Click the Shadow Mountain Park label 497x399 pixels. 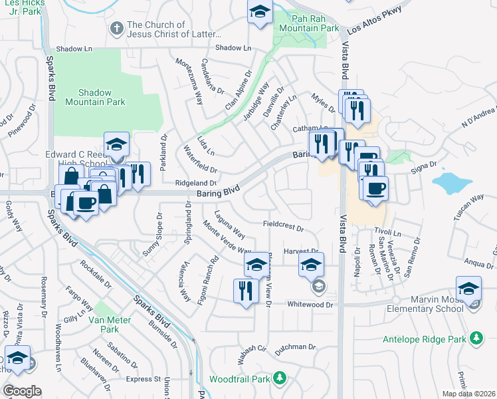(96, 97)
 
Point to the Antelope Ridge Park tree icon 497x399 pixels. (476, 338)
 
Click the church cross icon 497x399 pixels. (116, 29)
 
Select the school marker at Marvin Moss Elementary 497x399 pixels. (468, 289)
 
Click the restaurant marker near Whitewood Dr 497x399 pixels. (245, 291)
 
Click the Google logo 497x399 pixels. (22, 390)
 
